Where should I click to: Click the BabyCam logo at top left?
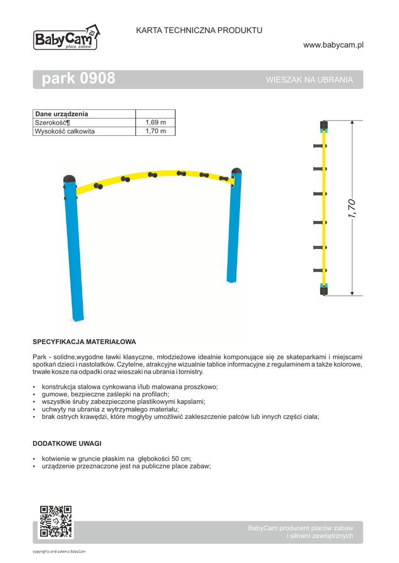(x=67, y=38)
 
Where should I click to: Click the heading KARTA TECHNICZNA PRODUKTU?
(x=199, y=30)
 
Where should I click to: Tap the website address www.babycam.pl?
(x=334, y=45)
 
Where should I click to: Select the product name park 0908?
(x=79, y=79)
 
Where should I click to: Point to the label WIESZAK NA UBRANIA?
(x=309, y=80)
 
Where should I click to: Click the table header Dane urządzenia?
(x=62, y=114)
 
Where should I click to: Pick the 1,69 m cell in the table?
(x=155, y=123)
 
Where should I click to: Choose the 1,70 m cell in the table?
(x=155, y=131)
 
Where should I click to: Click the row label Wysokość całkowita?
(x=65, y=131)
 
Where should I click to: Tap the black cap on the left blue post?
(x=70, y=179)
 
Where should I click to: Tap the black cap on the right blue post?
(x=237, y=170)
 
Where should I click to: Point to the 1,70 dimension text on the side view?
(x=352, y=208)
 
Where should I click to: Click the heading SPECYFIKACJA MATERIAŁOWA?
(x=84, y=341)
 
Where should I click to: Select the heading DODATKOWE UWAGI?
(x=67, y=443)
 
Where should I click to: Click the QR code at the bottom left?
(x=56, y=521)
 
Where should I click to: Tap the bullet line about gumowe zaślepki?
(x=105, y=394)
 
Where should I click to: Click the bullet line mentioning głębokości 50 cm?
(x=116, y=459)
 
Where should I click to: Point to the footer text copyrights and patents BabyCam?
(x=59, y=551)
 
